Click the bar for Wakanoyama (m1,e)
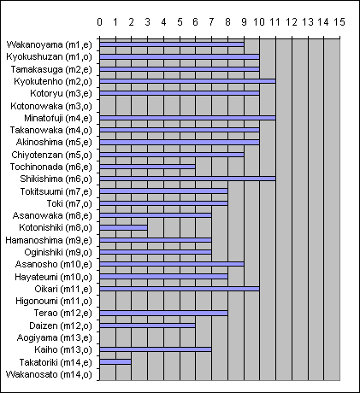click(x=172, y=44)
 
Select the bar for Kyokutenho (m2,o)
click(x=187, y=81)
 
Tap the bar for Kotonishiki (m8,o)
click(x=123, y=228)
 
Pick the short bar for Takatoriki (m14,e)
click(x=115, y=362)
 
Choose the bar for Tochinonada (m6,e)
click(x=147, y=167)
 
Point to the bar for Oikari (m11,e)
click(x=180, y=289)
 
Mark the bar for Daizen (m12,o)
click(x=147, y=326)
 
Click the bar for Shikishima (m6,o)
click(x=187, y=179)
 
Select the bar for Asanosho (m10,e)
click(x=172, y=264)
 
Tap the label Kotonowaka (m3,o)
click(x=51, y=106)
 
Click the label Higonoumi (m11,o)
click(x=54, y=301)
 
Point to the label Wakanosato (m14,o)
click(x=49, y=374)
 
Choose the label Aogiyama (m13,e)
click(x=55, y=337)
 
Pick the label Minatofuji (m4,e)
click(x=58, y=118)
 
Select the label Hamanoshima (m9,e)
click(x=49, y=240)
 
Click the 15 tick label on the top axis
click(x=339, y=22)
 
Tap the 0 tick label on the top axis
click(x=99, y=22)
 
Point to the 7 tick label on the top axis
click(x=211, y=22)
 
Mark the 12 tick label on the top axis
click(x=292, y=22)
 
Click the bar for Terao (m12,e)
click(x=163, y=314)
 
